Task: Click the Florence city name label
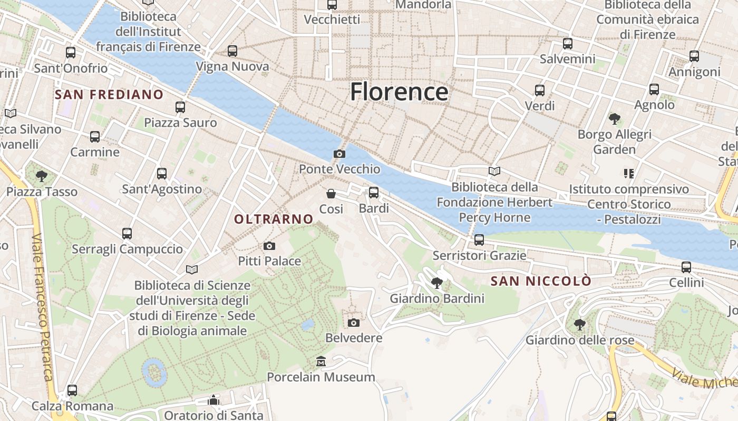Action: pos(399,92)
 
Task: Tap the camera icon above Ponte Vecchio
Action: pos(339,154)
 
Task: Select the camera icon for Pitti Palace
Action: pos(269,246)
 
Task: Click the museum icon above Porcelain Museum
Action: pos(321,362)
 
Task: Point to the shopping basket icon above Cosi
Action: pos(331,194)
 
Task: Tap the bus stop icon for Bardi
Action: pos(374,193)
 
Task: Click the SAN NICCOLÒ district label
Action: pos(541,282)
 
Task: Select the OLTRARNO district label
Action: pos(274,219)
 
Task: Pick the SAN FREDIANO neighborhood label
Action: pos(109,95)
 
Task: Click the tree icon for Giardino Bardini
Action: pos(437,283)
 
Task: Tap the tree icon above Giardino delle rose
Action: pos(580,325)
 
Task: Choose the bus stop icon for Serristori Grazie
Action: pos(479,240)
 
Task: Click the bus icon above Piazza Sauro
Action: pos(180,107)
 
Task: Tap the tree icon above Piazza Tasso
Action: pos(42,176)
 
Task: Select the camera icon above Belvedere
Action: pos(354,323)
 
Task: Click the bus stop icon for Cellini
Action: pos(686,267)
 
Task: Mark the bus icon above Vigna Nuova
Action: pos(232,51)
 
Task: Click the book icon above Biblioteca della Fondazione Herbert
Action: pos(494,171)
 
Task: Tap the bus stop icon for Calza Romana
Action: pos(72,390)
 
